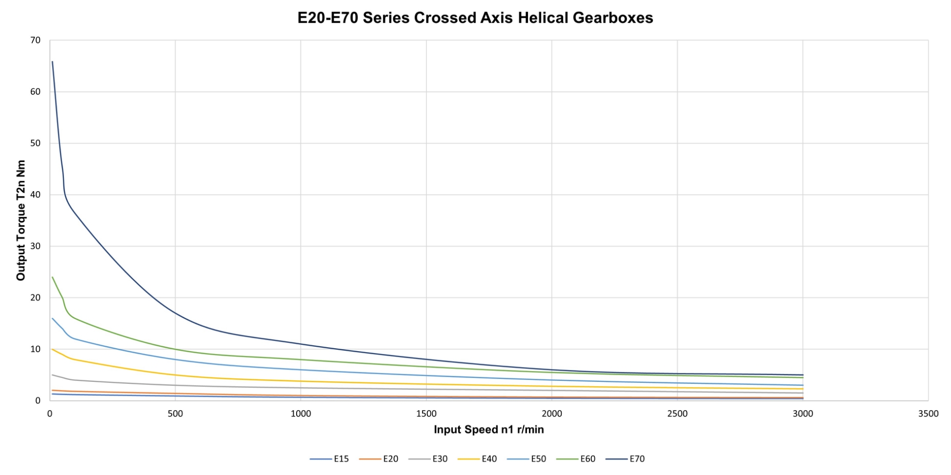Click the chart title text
coord(475,18)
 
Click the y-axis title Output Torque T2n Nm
coord(21,220)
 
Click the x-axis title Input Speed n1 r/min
coord(488,429)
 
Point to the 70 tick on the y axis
coord(35,40)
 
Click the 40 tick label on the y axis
coord(35,195)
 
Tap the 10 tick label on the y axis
coord(35,349)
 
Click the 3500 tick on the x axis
coord(928,414)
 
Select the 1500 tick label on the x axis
coord(426,414)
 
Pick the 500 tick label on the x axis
coord(175,414)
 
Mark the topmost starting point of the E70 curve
coord(53,61)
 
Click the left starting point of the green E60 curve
coord(53,277)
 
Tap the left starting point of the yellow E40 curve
coord(53,349)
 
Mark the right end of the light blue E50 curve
coord(802,385)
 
